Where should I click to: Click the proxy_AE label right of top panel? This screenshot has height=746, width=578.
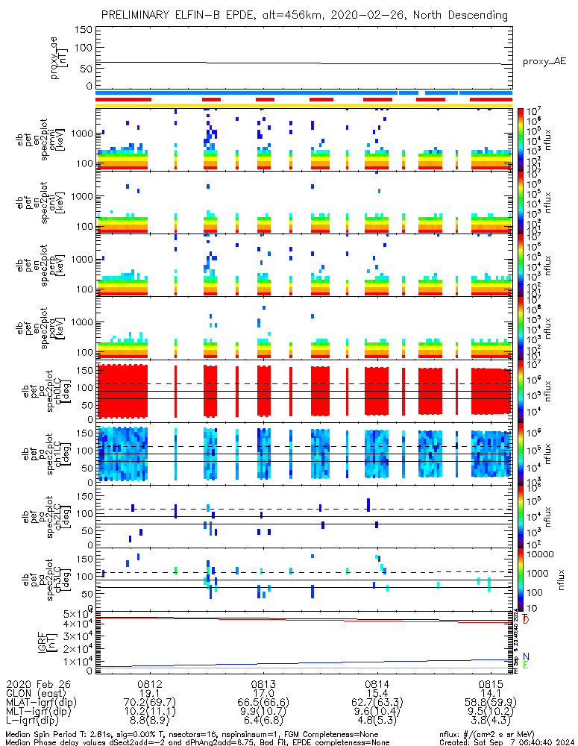point(544,62)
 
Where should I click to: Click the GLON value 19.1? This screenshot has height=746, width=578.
point(150,693)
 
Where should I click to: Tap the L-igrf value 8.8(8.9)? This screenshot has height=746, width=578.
point(150,722)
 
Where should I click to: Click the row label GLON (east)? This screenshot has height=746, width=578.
point(34,693)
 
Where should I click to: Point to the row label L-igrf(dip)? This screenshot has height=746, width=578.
point(34,722)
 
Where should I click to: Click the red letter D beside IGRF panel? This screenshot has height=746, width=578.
point(526,620)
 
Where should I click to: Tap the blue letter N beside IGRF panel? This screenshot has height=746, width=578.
point(526,656)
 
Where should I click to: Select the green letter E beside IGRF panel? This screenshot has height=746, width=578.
point(526,665)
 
